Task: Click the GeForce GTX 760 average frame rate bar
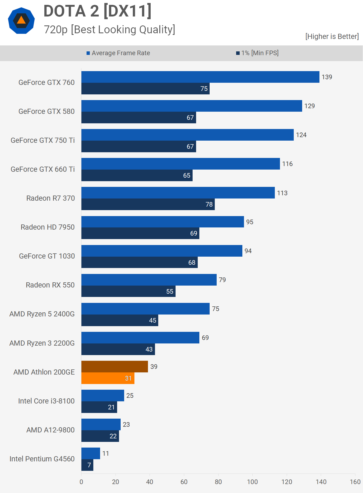[200, 77]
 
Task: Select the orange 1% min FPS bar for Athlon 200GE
[108, 378]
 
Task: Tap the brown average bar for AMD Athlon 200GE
[114, 366]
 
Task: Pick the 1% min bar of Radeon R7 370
[148, 204]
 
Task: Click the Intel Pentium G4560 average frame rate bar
[91, 453]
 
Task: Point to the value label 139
[327, 77]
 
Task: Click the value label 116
[287, 164]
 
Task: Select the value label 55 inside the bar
[170, 292]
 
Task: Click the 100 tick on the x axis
[252, 482]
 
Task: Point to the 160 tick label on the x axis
[355, 482]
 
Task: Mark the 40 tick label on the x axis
[150, 482]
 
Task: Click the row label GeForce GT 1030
[47, 256]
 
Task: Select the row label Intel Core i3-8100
[46, 401]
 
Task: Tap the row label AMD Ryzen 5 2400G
[42, 314]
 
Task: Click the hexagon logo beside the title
[21, 21]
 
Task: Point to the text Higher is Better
[332, 37]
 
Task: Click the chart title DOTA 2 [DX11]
[97, 11]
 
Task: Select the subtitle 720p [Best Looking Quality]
[109, 30]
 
